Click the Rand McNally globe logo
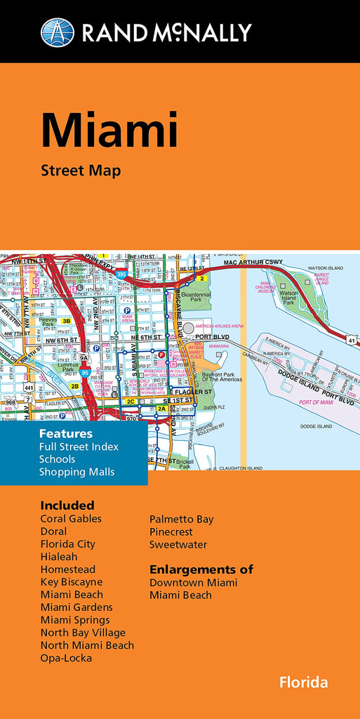(x=57, y=32)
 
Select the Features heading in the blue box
(x=66, y=433)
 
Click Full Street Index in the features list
(x=79, y=447)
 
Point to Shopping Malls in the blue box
(x=76, y=472)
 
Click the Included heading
(x=67, y=505)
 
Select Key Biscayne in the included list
(x=72, y=582)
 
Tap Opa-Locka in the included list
(x=66, y=658)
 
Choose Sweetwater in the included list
(x=178, y=544)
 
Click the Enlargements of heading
(x=201, y=569)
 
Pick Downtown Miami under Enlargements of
(x=194, y=583)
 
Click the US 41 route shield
(x=351, y=341)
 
